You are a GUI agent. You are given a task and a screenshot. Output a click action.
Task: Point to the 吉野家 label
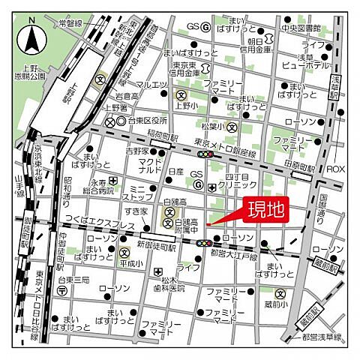click(x=136, y=151)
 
